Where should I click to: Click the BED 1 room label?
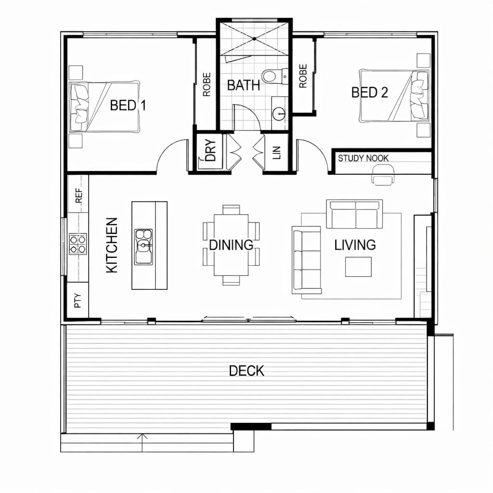point(128,105)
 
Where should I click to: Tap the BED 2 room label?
point(370,92)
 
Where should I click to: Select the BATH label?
point(243,85)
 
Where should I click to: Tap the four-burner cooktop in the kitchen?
point(77,244)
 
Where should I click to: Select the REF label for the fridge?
point(79,196)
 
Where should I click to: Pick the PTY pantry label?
point(78,301)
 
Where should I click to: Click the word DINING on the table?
point(231,245)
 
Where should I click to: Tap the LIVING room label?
point(355,245)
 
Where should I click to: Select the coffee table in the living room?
point(358,267)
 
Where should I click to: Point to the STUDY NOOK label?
point(363,158)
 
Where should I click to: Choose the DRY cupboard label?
point(211,150)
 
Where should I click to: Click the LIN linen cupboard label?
point(277,153)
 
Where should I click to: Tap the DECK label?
point(246,371)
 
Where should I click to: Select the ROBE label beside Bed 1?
point(207,85)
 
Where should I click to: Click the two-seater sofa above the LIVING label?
point(354,214)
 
